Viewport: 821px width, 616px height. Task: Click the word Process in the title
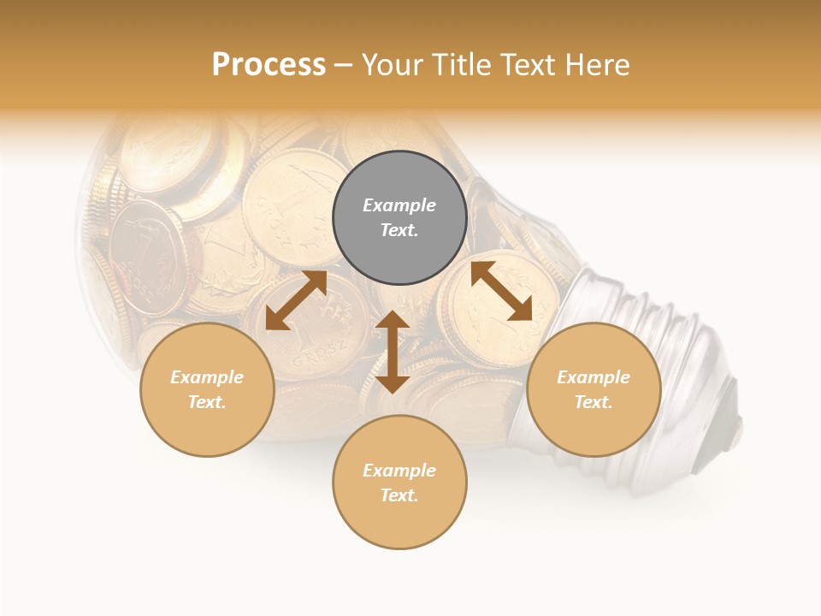click(269, 65)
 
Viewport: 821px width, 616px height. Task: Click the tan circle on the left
click(207, 389)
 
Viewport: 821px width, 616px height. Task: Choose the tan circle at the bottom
click(399, 482)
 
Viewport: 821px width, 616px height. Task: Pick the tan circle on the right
click(594, 389)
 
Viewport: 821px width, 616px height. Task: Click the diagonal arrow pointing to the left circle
click(296, 300)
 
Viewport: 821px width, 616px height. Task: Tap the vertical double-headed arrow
click(393, 352)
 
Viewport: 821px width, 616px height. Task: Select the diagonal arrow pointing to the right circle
click(501, 291)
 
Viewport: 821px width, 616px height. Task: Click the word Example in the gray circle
click(399, 205)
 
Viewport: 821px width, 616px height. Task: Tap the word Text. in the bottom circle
click(399, 495)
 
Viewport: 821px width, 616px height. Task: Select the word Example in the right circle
click(594, 377)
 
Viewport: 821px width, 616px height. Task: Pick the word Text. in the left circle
click(207, 402)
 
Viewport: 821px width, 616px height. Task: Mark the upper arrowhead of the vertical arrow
click(393, 321)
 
